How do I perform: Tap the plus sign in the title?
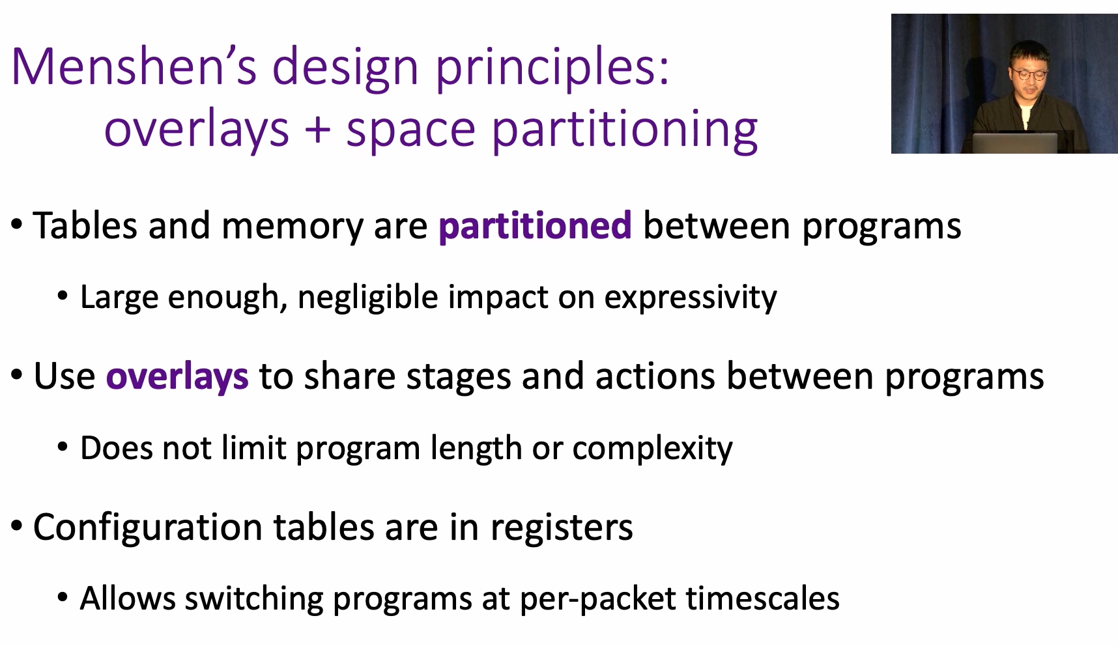[x=318, y=128]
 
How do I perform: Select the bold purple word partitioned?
[x=535, y=225]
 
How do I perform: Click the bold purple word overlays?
[x=177, y=376]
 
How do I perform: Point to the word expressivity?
[x=691, y=298]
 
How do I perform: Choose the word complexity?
[x=653, y=449]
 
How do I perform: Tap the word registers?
[x=562, y=527]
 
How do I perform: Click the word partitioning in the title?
[x=625, y=129]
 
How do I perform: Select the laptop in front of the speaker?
[x=1015, y=143]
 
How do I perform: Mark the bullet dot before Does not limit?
[x=63, y=448]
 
